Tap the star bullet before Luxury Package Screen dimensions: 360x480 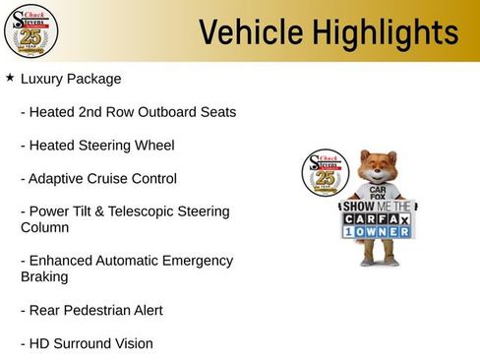9,77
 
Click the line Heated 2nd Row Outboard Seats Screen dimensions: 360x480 128,111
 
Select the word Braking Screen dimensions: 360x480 45,277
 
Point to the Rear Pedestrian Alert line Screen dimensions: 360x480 91,310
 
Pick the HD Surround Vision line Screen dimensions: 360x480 87,343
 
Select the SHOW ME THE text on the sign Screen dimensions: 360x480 378,207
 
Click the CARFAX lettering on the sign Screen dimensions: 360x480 378,221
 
